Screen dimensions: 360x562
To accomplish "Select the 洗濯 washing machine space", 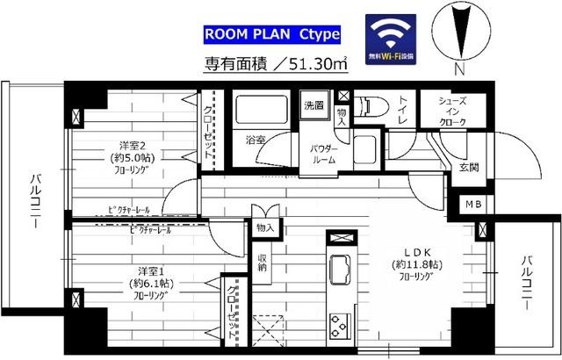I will [x=314, y=105].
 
